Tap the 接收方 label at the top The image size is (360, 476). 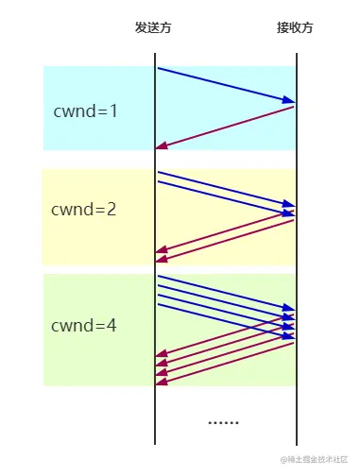click(295, 27)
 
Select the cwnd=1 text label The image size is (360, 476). click(86, 110)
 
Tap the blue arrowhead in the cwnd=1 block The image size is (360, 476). click(290, 100)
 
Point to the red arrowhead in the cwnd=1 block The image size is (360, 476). click(162, 146)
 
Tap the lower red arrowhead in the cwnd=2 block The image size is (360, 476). click(162, 258)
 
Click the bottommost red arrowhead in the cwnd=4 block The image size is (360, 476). click(162, 382)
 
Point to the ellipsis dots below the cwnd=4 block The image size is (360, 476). click(223, 421)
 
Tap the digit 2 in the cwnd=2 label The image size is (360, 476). click(111, 210)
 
